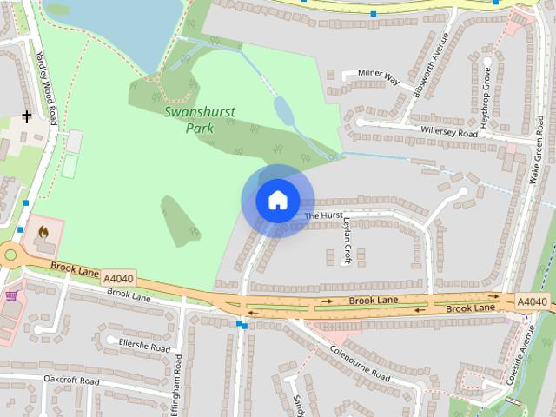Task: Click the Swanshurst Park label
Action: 189,119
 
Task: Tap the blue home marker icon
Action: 277,200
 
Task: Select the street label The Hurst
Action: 324,215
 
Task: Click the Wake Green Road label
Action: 537,161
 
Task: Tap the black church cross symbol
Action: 27,116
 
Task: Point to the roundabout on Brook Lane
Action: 10,255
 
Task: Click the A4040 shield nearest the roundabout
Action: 118,278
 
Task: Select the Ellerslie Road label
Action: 143,347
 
